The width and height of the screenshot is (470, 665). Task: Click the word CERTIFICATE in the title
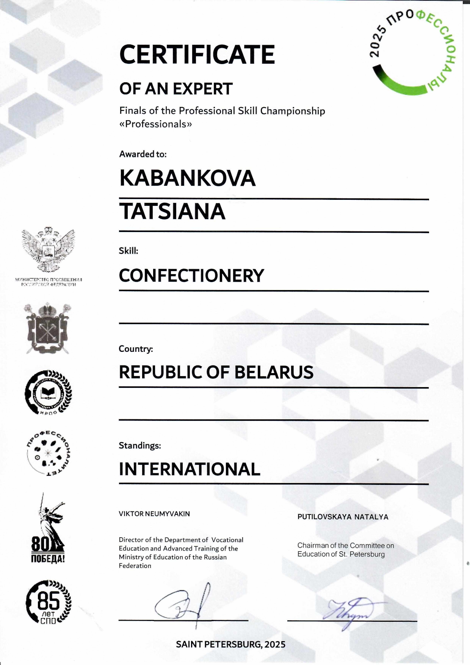click(x=197, y=55)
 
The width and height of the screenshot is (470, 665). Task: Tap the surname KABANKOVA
click(x=187, y=178)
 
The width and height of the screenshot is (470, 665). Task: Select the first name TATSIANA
click(x=172, y=212)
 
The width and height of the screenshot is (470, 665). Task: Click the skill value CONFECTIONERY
click(x=191, y=276)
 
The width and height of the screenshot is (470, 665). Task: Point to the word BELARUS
click(x=274, y=372)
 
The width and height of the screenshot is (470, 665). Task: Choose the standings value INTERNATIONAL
click(x=190, y=469)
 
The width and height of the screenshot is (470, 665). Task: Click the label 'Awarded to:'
click(x=143, y=154)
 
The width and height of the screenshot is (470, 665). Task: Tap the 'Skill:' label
click(x=128, y=251)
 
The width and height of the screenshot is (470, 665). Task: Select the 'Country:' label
click(x=136, y=349)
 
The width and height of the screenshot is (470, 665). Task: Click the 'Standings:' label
click(x=140, y=445)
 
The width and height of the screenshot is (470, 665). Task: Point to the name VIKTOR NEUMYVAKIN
click(x=154, y=514)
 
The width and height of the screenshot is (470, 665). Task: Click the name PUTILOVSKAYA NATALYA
click(x=343, y=517)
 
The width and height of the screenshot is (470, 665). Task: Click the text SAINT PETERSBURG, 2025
click(x=230, y=645)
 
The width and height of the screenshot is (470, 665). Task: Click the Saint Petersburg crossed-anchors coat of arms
click(x=48, y=328)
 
